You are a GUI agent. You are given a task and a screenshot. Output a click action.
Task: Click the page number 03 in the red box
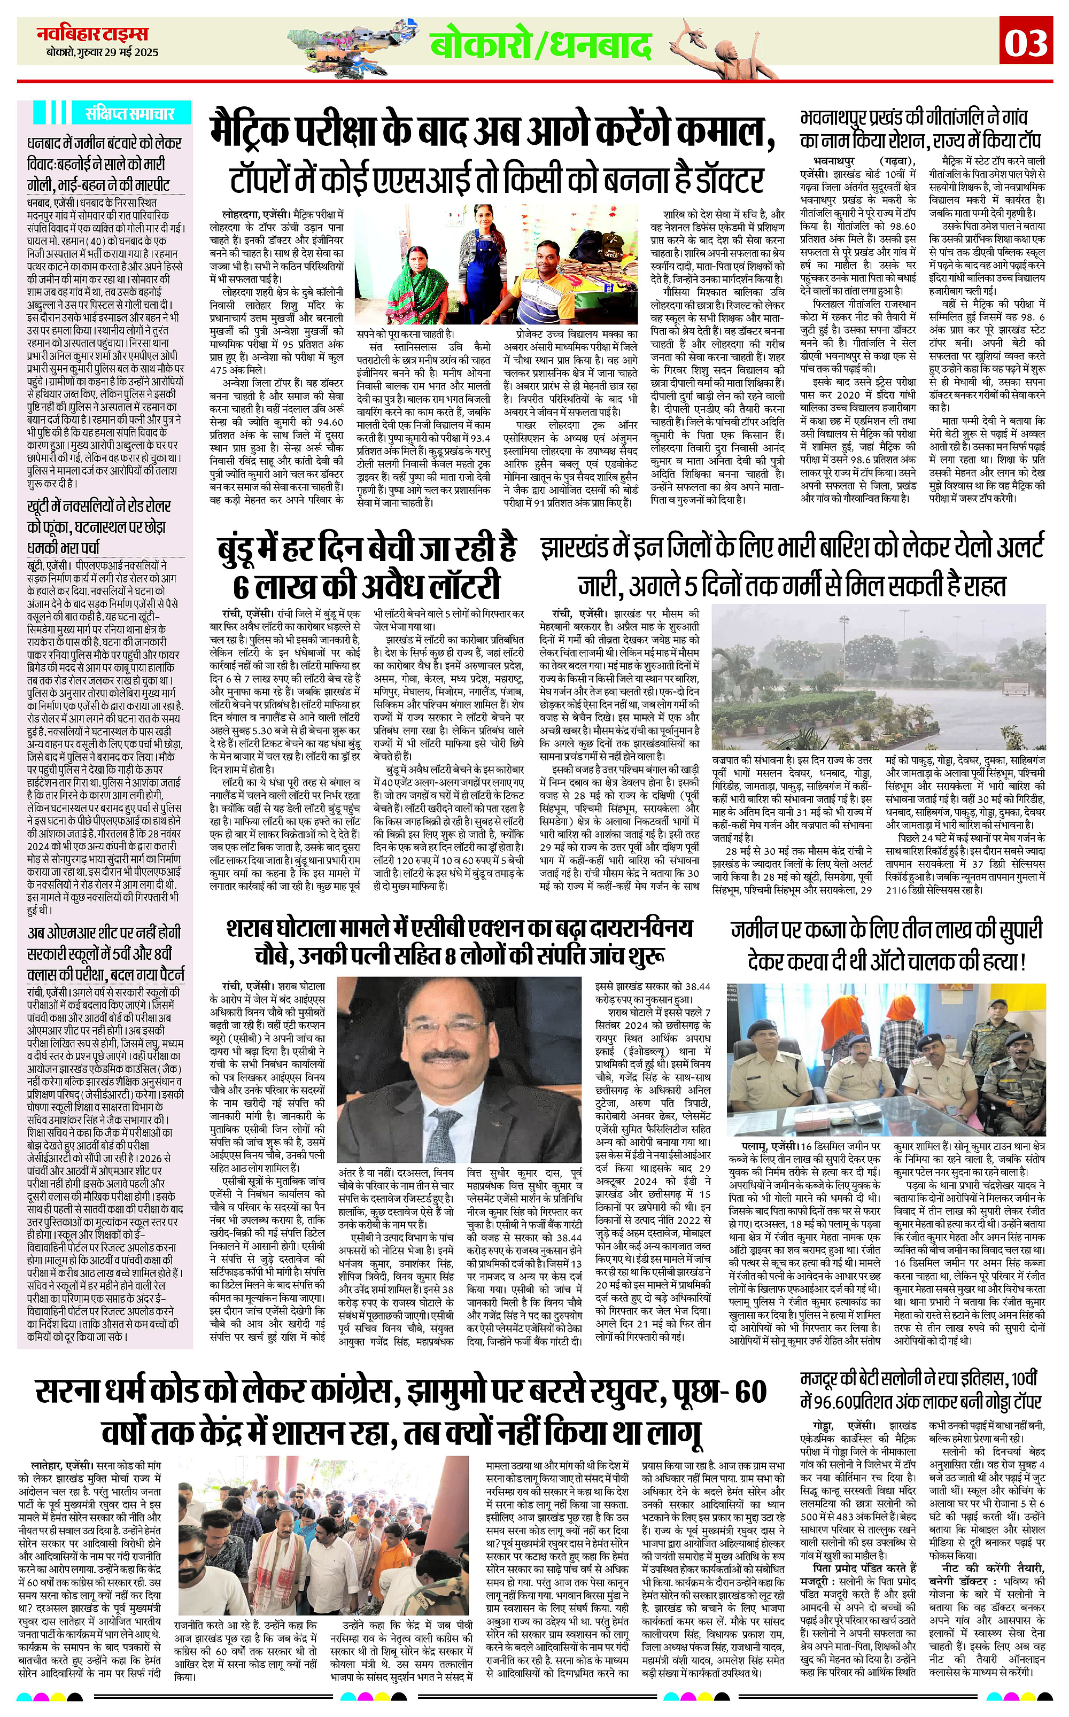click(1027, 44)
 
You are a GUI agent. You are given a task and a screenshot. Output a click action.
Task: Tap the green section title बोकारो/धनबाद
click(540, 46)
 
